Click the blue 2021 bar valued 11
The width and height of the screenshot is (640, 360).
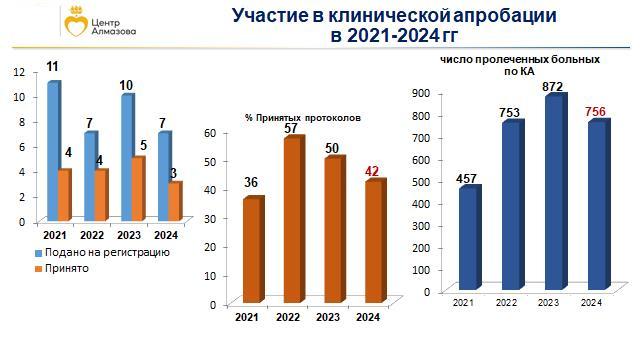pos(53,150)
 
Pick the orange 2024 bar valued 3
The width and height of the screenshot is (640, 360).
pos(174,200)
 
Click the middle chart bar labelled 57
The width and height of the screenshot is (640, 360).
pos(292,220)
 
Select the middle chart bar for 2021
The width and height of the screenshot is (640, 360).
pos(251,250)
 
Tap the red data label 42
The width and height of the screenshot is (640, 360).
pos(372,172)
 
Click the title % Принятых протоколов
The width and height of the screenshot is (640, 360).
pos(302,118)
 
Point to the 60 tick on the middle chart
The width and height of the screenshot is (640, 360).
pos(225,132)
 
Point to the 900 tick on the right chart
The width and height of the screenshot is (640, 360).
pos(420,93)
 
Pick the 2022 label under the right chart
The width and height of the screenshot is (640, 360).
pos(508,302)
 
